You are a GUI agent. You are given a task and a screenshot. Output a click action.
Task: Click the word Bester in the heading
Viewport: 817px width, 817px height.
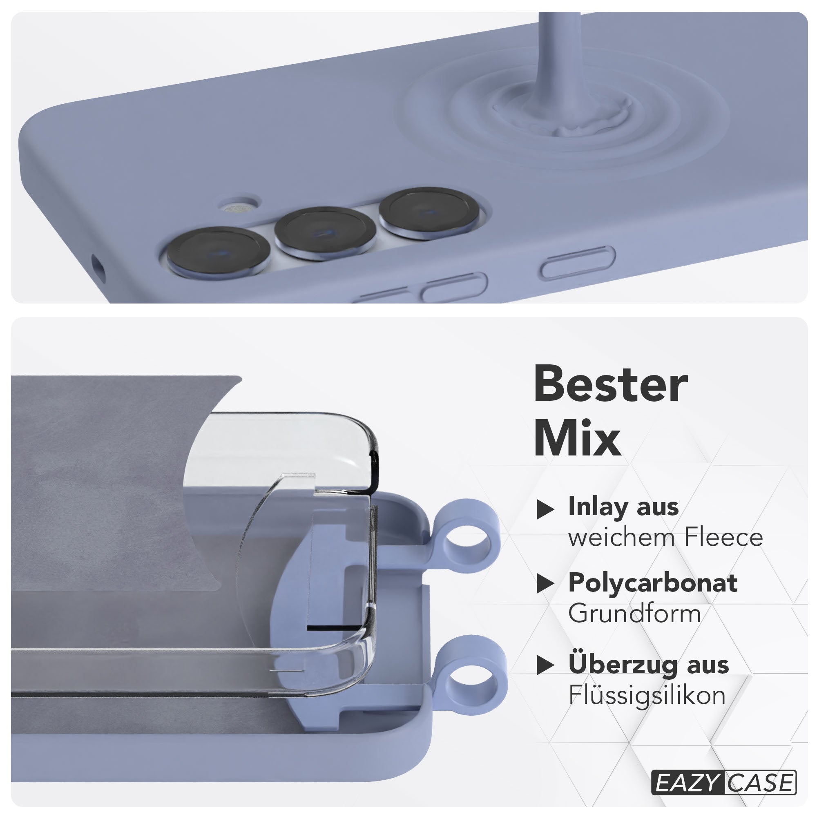pos(611,384)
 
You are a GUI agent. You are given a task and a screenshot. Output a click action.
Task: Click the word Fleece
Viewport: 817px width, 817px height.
pos(723,537)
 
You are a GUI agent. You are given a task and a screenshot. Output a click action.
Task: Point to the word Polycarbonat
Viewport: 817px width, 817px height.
pos(653,583)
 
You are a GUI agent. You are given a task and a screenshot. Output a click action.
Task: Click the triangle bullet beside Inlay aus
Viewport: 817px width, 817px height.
pos(545,509)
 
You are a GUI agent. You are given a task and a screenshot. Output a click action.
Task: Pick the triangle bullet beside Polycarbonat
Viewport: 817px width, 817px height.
pos(545,584)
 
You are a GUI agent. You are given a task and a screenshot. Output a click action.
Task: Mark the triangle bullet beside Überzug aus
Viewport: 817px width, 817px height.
pos(545,665)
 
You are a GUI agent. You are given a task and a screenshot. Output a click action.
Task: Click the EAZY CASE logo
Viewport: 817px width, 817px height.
pos(723,783)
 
